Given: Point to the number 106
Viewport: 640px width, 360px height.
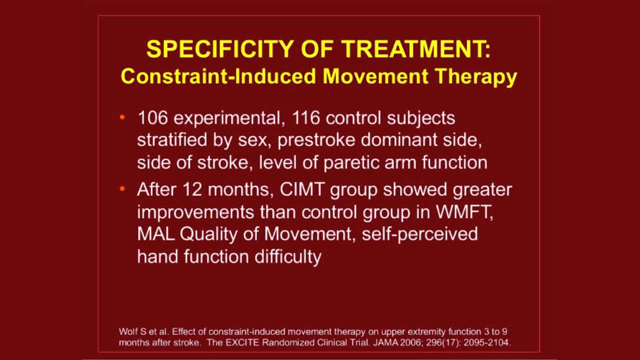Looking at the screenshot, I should (152, 118).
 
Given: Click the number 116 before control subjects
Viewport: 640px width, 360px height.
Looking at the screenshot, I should (306, 118).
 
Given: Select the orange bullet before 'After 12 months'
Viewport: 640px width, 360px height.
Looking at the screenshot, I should (122, 189).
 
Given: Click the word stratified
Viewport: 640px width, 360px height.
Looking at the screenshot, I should (172, 140).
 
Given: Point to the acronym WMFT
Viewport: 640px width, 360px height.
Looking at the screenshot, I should (464, 212).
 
